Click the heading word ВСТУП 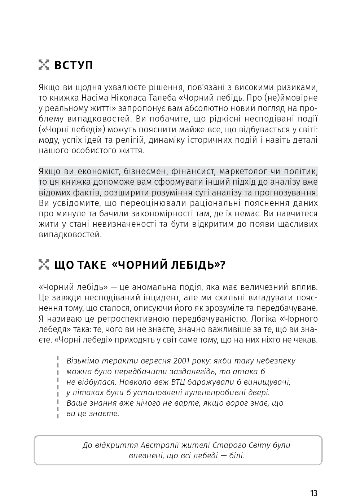[74, 65]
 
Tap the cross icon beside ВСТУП [44, 65]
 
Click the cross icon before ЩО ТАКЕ [44, 265]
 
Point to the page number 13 [313, 493]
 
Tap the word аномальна [154, 287]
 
